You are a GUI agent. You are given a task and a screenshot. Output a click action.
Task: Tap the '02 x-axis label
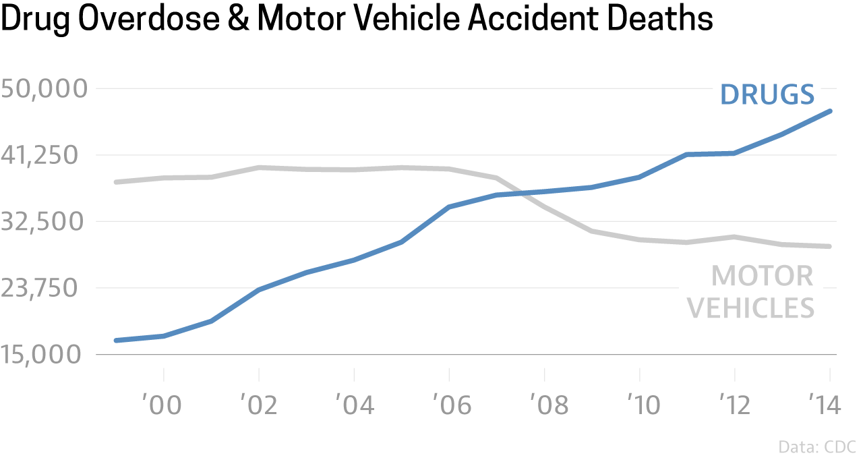(x=259, y=405)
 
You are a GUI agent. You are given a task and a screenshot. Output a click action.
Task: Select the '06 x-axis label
(x=449, y=405)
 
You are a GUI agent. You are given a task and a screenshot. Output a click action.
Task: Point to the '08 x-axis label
(x=544, y=405)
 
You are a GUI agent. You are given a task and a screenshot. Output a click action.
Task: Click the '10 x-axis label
(x=639, y=405)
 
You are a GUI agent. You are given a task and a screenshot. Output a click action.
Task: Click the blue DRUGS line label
(x=767, y=94)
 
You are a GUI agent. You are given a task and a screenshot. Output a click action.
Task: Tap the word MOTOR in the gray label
(x=763, y=277)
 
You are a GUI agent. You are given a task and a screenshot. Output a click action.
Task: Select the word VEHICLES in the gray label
(x=754, y=308)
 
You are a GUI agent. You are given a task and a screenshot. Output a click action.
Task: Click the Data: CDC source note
(x=816, y=447)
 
